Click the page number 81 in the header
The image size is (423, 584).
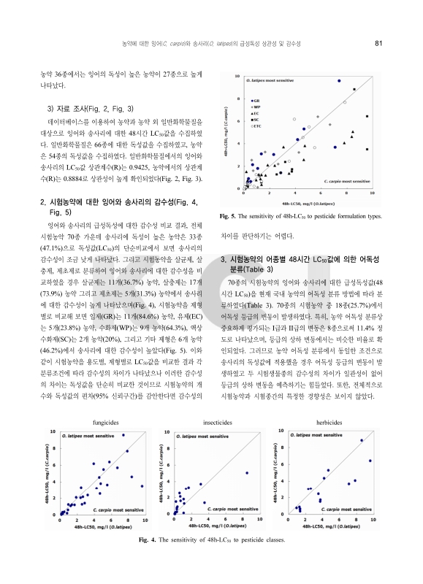(x=378, y=43)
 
